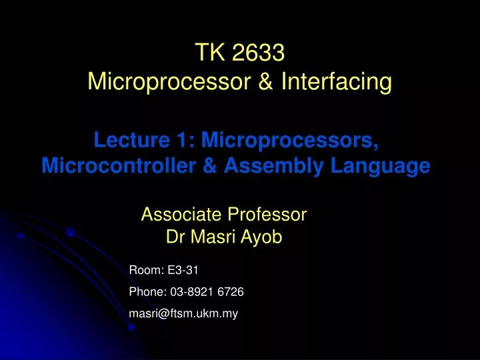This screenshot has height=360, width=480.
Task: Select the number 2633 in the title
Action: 257,53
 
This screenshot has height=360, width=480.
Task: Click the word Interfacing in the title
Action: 337,83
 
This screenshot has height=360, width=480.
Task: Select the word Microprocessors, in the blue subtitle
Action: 291,140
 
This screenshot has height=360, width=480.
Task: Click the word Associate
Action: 181,215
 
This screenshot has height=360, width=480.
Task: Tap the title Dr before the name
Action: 175,237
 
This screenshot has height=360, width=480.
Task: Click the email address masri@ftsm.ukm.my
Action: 183,313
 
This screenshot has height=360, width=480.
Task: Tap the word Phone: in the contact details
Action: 147,291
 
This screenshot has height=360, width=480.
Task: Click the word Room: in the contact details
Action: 143,270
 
